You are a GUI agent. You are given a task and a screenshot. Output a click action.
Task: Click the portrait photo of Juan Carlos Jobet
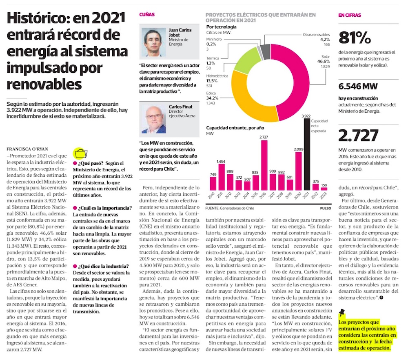pos(153,42)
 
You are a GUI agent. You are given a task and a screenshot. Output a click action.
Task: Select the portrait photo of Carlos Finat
pos(153,118)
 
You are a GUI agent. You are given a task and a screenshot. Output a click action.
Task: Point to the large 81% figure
pos(355,38)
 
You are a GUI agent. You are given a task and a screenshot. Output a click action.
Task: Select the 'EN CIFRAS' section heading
pos(350,15)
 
